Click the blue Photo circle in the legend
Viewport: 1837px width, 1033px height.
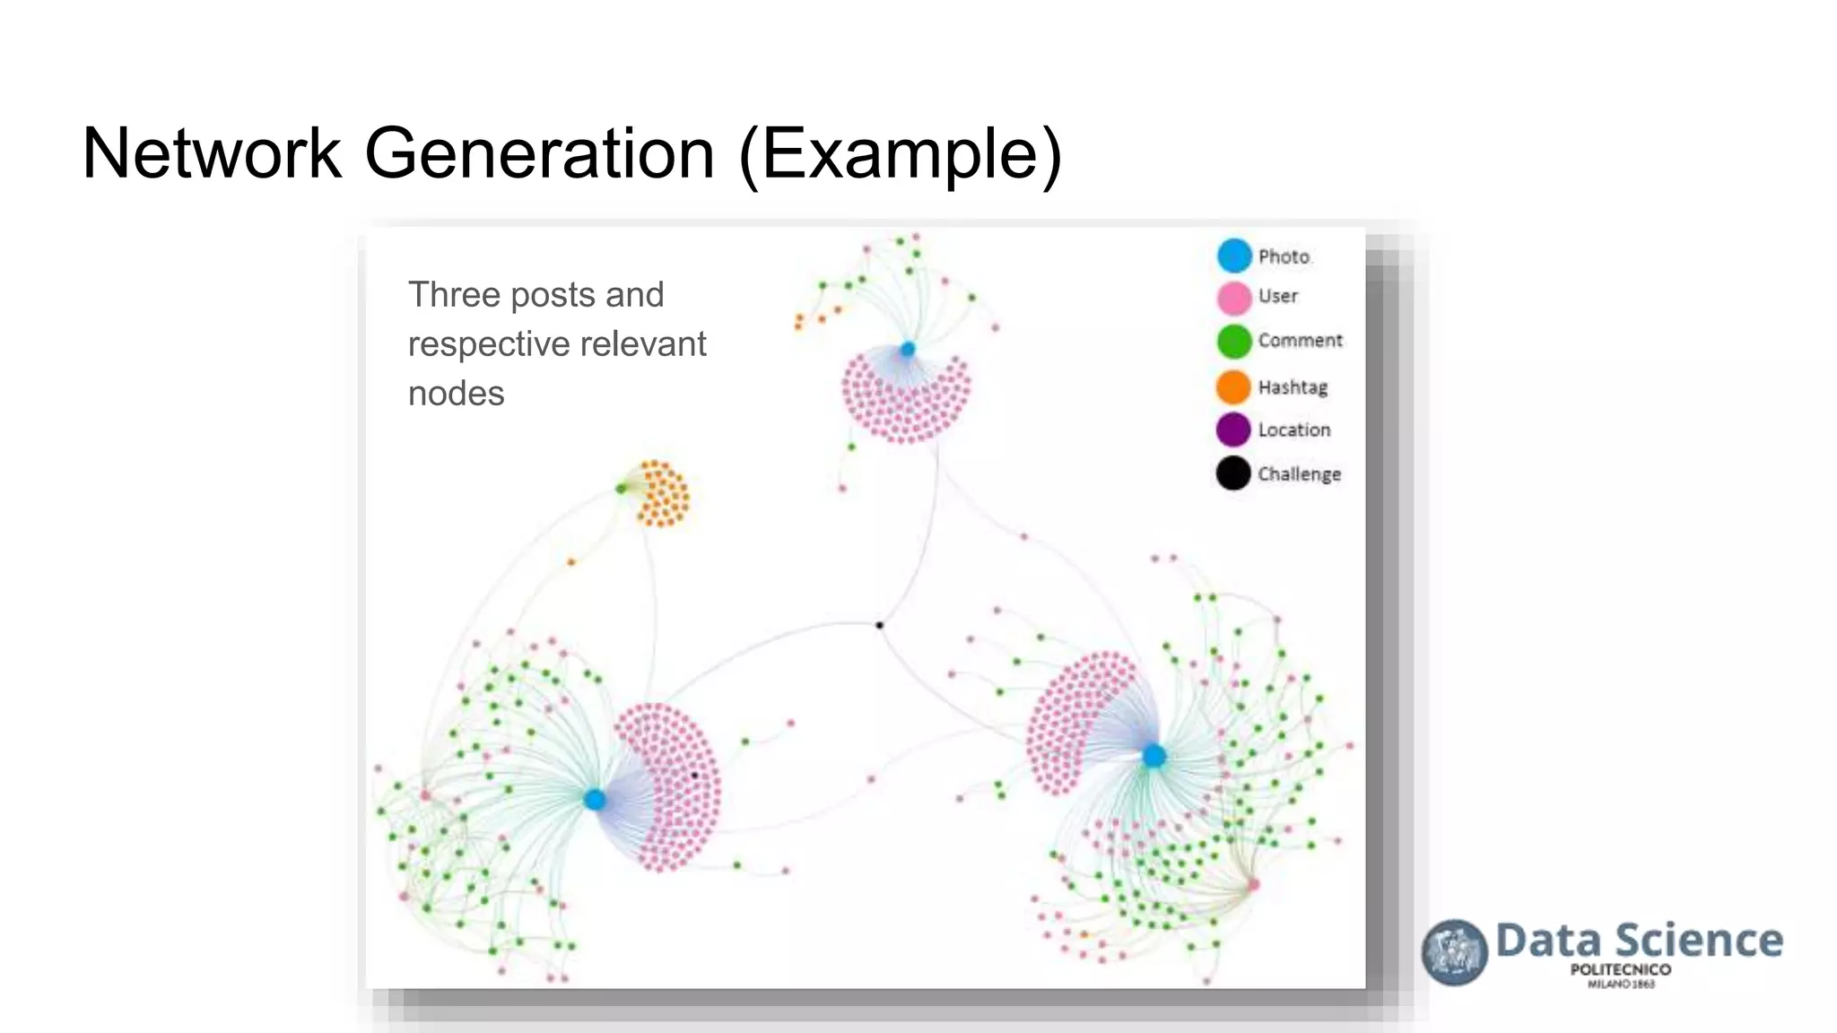1234,256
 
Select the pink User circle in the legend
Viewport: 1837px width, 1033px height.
1234,298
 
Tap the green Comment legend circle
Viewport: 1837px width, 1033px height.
1234,342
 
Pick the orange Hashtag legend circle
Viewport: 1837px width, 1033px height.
1233,386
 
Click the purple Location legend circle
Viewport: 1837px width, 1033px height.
1233,430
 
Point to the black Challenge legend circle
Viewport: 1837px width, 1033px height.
1233,473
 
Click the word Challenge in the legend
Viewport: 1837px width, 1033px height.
1299,474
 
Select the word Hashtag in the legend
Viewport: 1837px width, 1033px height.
1293,387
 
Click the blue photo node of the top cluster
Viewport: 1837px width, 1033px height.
908,349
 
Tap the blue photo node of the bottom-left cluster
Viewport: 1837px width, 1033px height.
594,799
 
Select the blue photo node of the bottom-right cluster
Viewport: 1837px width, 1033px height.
1154,756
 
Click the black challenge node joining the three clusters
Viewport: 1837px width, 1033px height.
880,625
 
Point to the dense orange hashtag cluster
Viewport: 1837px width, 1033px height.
663,494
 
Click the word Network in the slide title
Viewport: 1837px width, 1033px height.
212,153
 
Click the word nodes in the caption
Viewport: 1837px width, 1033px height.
456,394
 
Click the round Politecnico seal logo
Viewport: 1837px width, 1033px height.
1454,952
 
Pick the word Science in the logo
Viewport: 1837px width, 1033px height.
1699,941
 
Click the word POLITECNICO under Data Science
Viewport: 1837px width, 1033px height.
1620,969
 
